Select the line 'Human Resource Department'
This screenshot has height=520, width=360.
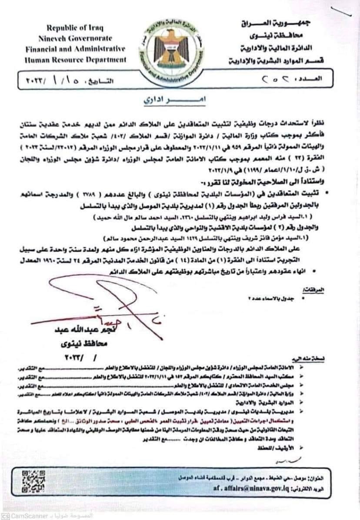pos(76,60)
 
